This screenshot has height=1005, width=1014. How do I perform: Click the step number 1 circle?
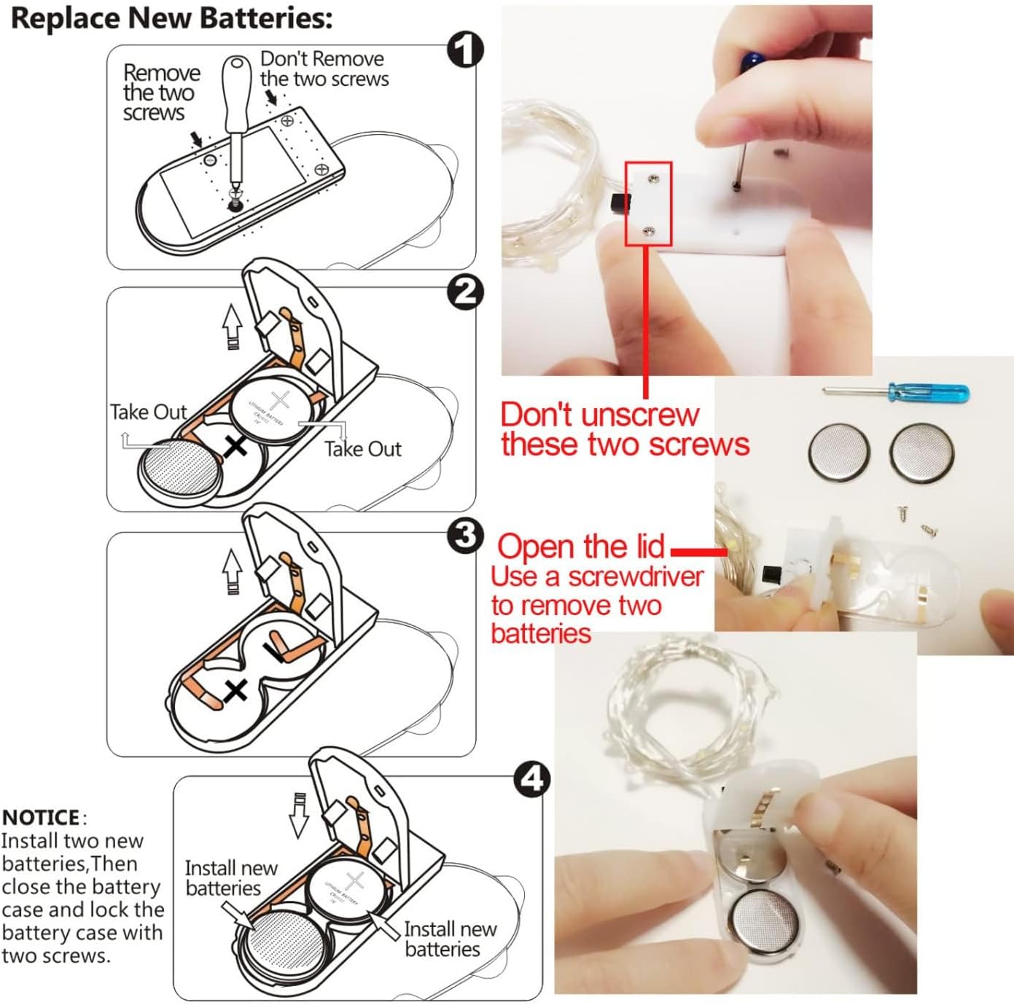coord(465,50)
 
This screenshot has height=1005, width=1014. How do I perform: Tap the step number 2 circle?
coord(465,292)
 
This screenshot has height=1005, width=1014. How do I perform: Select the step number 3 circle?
coord(465,536)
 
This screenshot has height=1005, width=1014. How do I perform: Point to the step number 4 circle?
coord(532,779)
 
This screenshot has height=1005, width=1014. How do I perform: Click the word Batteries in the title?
coord(268,18)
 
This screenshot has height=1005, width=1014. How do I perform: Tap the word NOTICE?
coord(41,818)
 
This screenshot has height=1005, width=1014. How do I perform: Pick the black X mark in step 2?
coord(235,447)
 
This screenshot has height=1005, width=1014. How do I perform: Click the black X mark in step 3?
coord(235,690)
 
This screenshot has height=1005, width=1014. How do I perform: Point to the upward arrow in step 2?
coord(232,328)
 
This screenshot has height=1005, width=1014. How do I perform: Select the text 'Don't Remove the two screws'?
coord(324,69)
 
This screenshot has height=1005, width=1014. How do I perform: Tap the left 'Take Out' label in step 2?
coord(149,412)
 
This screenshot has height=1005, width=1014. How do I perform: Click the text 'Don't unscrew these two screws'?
coord(625,429)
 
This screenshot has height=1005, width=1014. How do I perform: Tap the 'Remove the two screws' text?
coord(161,93)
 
